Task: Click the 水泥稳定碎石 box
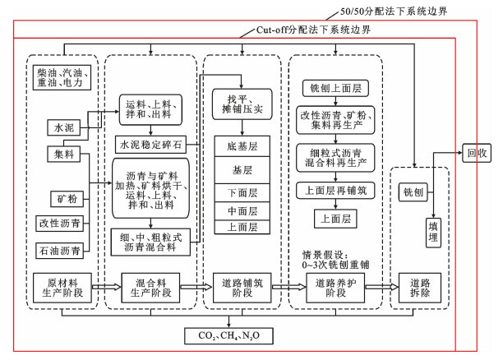pyautogui.click(x=150, y=145)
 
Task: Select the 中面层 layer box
pyautogui.click(x=242, y=210)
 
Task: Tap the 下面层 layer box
pyautogui.click(x=242, y=192)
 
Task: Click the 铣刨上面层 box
pyautogui.click(x=334, y=87)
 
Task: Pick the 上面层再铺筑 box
pyautogui.click(x=334, y=191)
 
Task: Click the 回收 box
pyautogui.click(x=478, y=152)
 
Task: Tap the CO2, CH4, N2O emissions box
pyautogui.click(x=229, y=337)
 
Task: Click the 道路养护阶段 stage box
pyautogui.click(x=334, y=288)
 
